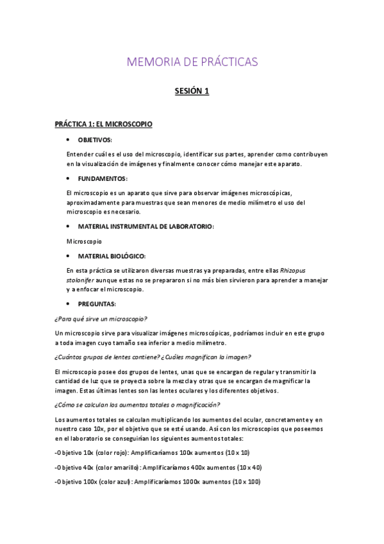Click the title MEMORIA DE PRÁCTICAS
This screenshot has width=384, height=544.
coord(192,62)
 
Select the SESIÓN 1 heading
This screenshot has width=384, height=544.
coord(192,92)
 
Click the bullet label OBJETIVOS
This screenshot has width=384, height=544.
coord(95,139)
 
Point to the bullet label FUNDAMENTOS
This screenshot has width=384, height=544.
coord(103,178)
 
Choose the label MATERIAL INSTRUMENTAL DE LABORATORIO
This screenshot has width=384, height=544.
coord(146,226)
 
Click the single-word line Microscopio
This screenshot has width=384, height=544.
coord(84,242)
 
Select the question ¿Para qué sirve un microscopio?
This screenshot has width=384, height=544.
coord(101,318)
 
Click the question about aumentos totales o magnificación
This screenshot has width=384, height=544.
coord(138,405)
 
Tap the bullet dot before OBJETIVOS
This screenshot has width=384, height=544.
coord(69,139)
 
